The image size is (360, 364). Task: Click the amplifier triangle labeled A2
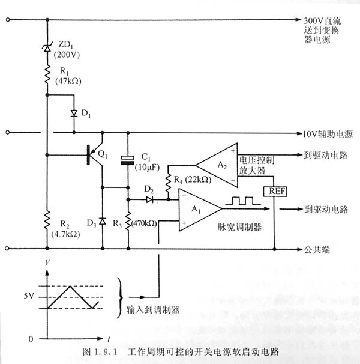pyautogui.click(x=217, y=164)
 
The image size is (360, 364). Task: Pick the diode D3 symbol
pyautogui.click(x=102, y=222)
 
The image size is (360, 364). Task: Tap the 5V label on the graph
pyautogui.click(x=29, y=296)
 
